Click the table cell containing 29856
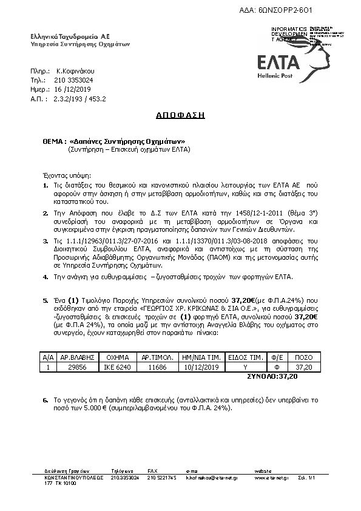pyautogui.click(x=75, y=368)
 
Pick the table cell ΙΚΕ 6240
pyautogui.click(x=116, y=368)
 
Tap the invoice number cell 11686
pyautogui.click(x=158, y=368)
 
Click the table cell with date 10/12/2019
pyautogui.click(x=201, y=368)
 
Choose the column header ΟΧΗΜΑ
pyautogui.click(x=116, y=358)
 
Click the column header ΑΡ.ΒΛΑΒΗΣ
pyautogui.click(x=75, y=358)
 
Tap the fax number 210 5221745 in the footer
pyautogui.click(x=161, y=478)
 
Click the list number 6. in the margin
pyautogui.click(x=46, y=401)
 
